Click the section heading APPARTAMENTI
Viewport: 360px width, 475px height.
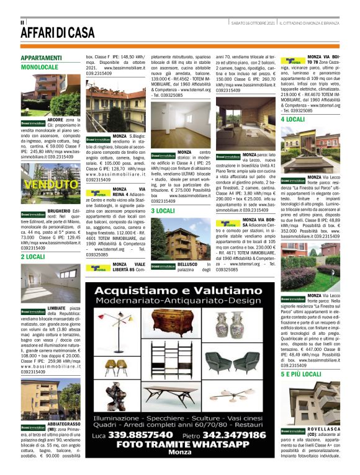(x=41, y=58)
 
